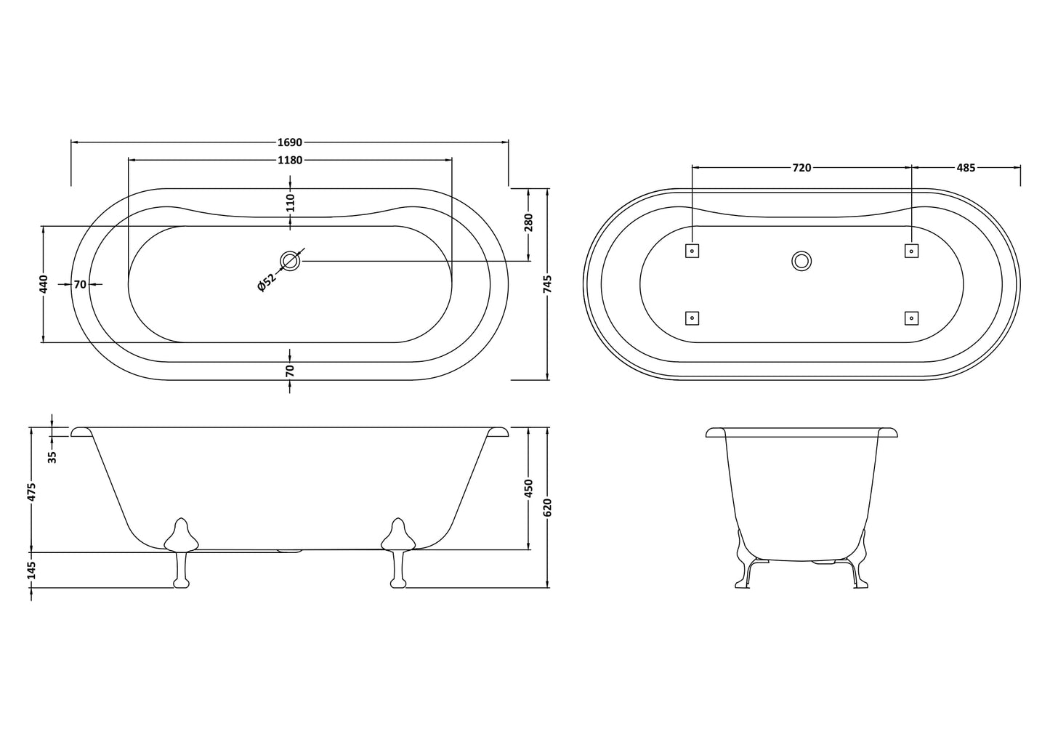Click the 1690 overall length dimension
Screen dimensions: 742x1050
click(x=289, y=142)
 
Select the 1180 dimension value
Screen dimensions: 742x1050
click(x=289, y=161)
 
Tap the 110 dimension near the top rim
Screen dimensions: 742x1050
click(x=290, y=202)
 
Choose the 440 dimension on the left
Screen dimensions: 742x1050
click(x=44, y=284)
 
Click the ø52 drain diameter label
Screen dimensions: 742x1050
click(x=267, y=283)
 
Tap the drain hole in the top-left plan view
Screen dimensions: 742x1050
click(x=291, y=261)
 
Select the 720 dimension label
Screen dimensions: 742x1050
click(x=801, y=168)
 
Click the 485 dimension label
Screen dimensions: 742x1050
click(x=966, y=168)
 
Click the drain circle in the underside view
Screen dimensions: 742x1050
click(x=801, y=261)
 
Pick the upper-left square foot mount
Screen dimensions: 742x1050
click(x=692, y=251)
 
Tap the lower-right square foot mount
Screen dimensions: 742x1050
click(x=911, y=318)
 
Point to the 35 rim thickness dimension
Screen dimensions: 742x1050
click(x=52, y=456)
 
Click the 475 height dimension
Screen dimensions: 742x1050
click(x=31, y=491)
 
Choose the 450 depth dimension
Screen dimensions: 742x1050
click(x=528, y=488)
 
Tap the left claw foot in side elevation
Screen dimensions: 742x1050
click(x=181, y=552)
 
